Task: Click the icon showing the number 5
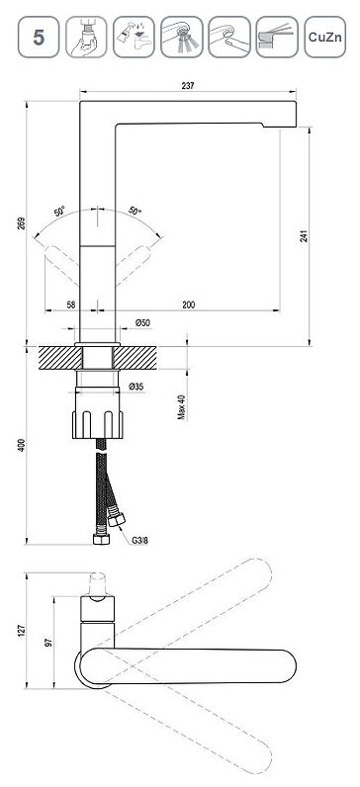[x=39, y=37]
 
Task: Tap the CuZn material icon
[x=324, y=37]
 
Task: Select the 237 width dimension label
[x=188, y=85]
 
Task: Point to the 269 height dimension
[x=21, y=223]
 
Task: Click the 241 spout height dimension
[x=304, y=236]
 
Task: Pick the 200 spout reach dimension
[x=189, y=305]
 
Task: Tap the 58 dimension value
[x=71, y=305]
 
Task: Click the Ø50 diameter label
[x=142, y=323]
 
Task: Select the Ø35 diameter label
[x=136, y=387]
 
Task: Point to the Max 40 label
[x=182, y=407]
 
